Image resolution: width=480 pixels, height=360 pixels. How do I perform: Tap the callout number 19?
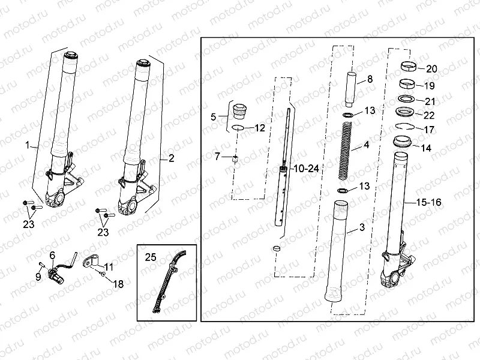430,85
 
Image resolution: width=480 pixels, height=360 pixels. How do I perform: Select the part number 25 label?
150,257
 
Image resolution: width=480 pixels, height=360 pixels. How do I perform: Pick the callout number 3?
362,227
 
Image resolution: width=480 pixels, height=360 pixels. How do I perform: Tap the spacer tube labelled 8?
351,88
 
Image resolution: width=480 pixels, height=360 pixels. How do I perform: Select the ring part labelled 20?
410,66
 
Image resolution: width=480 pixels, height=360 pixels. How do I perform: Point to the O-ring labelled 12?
238,128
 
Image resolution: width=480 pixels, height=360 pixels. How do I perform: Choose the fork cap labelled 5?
239,111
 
